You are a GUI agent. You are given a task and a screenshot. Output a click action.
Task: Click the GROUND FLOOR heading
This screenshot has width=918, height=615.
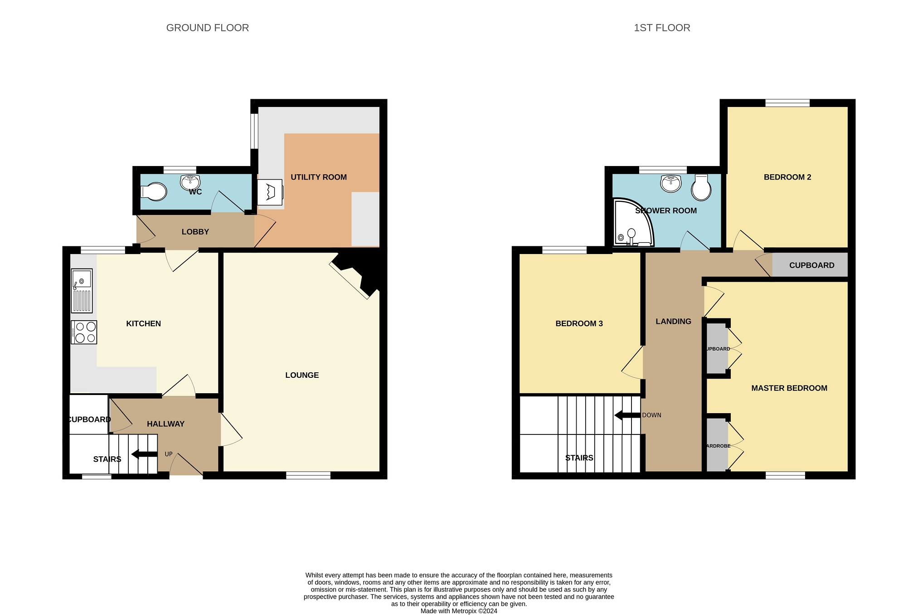point(208,28)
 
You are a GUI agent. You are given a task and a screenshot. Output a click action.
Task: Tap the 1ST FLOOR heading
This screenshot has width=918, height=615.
point(662,28)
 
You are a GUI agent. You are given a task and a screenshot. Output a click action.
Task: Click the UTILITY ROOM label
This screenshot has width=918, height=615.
point(319,177)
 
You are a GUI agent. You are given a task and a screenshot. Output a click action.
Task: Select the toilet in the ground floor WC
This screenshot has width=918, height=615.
point(154,192)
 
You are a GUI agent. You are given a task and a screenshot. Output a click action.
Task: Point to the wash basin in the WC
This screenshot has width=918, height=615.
point(190,182)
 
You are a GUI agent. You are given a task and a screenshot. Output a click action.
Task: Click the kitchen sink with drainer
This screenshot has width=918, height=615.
point(82,291)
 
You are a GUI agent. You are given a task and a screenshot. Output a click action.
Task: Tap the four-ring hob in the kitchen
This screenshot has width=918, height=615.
point(84,332)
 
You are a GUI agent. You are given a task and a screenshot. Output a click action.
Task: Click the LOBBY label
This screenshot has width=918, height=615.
point(195,232)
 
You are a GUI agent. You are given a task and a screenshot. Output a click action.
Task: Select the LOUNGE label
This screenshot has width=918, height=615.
point(302,375)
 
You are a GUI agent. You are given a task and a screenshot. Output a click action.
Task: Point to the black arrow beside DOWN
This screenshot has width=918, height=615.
point(627,415)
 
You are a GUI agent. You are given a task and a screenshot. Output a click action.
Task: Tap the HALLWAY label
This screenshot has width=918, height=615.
point(165,424)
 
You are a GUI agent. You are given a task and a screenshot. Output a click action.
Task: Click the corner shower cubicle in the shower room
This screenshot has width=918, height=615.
point(633,222)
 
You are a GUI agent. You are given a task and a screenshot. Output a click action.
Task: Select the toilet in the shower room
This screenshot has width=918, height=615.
point(701,187)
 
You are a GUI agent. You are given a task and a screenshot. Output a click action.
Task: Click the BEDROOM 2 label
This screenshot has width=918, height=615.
point(787,177)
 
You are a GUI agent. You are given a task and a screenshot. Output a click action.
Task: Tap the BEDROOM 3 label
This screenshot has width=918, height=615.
point(579,324)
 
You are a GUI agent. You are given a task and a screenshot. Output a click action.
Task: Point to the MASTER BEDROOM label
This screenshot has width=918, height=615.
point(789,388)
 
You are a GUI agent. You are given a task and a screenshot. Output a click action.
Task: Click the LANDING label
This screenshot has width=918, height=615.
point(673,322)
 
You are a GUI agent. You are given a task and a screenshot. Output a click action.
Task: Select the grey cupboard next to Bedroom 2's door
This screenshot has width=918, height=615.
point(810,265)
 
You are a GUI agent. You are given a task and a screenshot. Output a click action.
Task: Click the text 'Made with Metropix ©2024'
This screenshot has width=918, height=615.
point(459,611)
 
